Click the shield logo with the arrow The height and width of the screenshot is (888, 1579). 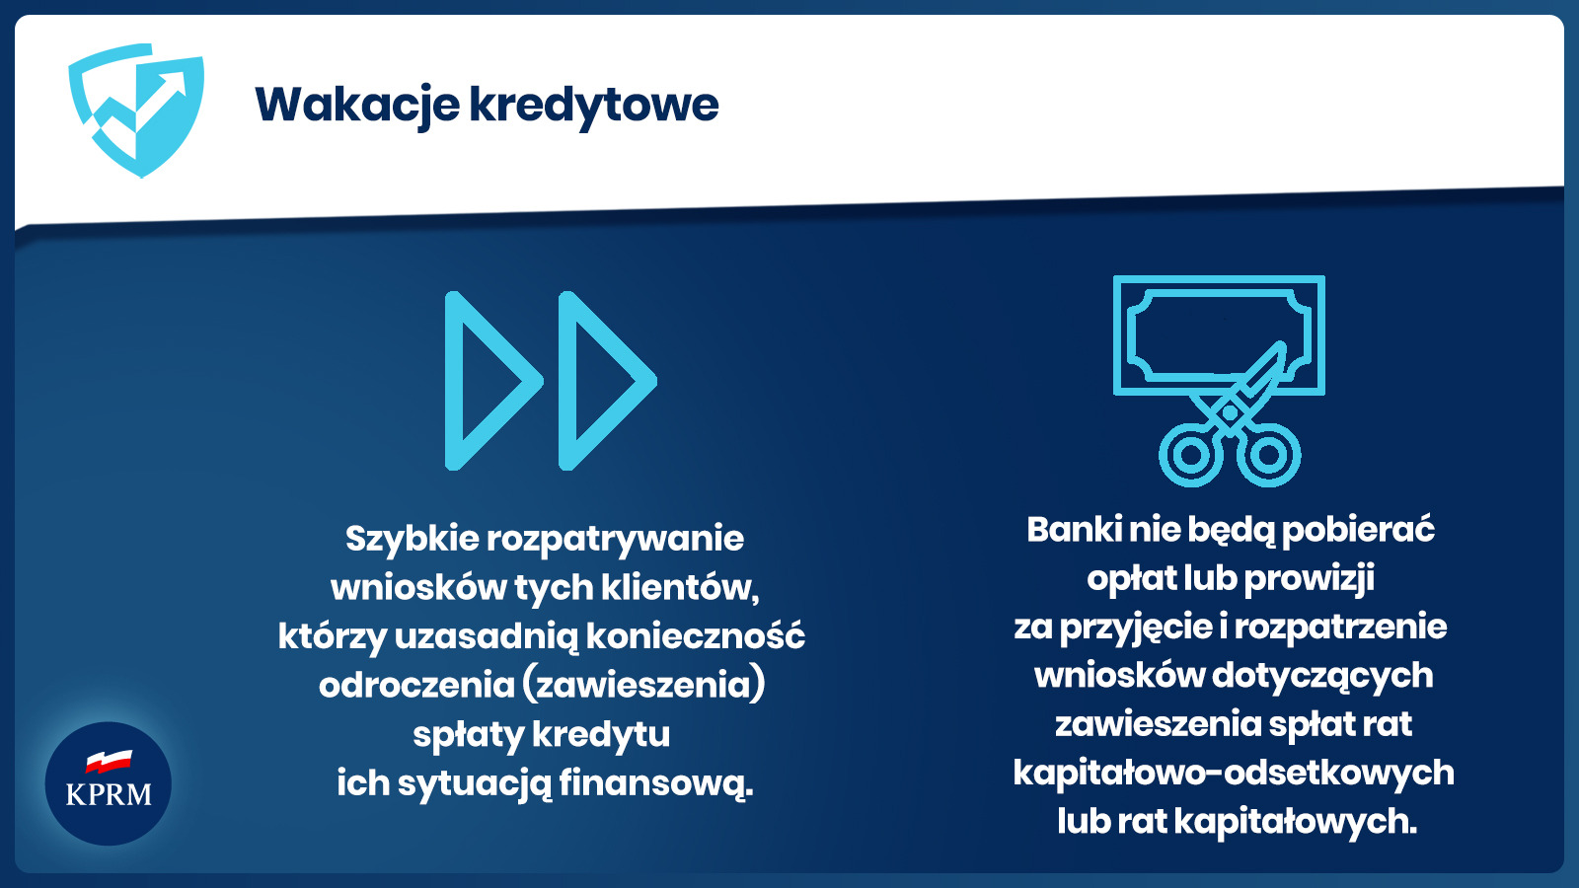pyautogui.click(x=136, y=110)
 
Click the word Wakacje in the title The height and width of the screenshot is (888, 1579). pyautogui.click(x=357, y=106)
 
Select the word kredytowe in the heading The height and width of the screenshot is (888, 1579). pyautogui.click(x=594, y=106)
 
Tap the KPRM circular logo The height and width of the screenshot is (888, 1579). pyautogui.click(x=108, y=783)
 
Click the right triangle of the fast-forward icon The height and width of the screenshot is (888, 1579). pyautogui.click(x=569, y=381)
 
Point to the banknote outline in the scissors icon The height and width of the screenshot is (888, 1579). pyautogui.click(x=1120, y=334)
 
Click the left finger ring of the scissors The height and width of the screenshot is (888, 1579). pyautogui.click(x=1191, y=454)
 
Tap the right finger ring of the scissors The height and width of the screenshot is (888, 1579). pyautogui.click(x=1268, y=454)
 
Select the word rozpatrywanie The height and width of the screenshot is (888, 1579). pyautogui.click(x=616, y=540)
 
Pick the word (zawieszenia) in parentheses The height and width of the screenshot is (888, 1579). pyautogui.click(x=643, y=685)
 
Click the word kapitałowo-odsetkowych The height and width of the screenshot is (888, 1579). pyautogui.click(x=1234, y=774)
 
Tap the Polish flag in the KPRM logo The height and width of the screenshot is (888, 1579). pyautogui.click(x=110, y=761)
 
